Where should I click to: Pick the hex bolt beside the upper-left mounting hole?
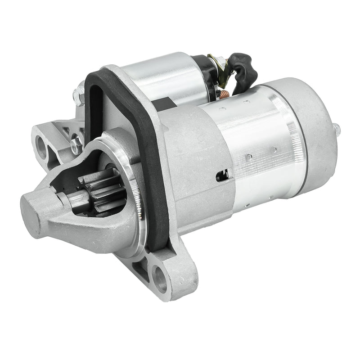coord(76,144)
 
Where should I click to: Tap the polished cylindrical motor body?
coord(256,148)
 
